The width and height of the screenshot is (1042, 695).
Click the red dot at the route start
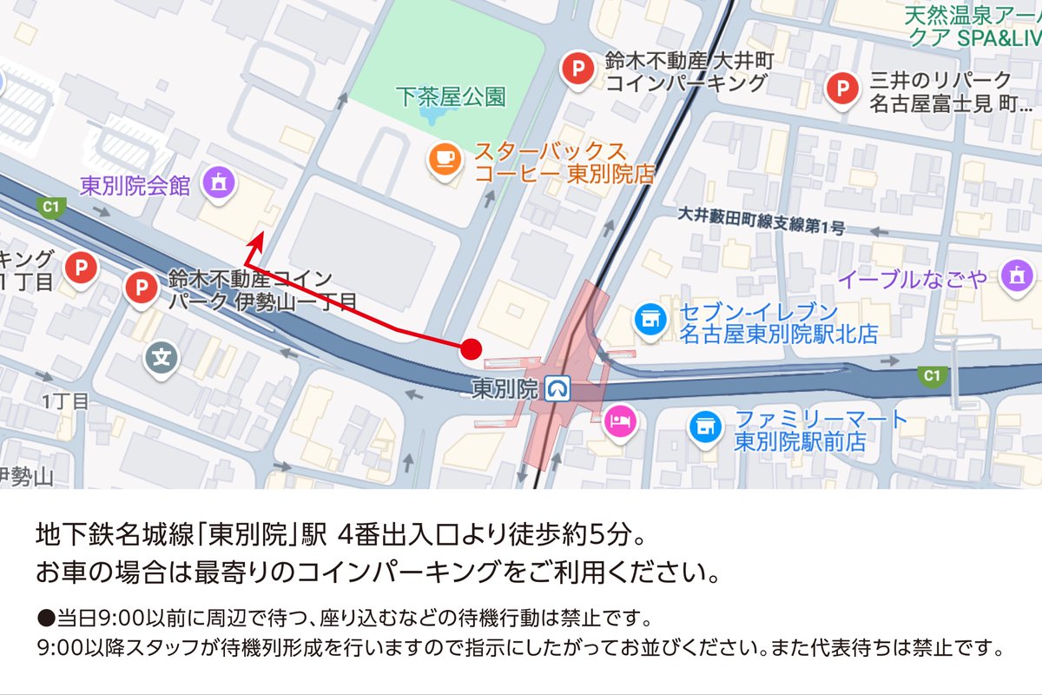tap(471, 349)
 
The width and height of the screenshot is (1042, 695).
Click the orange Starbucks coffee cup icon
tap(445, 157)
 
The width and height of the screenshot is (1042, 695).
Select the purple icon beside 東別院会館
tap(214, 182)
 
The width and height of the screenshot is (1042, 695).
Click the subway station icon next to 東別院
tap(557, 388)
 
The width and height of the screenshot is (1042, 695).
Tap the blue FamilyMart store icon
tap(705, 426)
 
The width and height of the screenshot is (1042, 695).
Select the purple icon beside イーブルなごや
tap(1014, 276)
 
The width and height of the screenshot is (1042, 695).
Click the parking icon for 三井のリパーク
tap(841, 87)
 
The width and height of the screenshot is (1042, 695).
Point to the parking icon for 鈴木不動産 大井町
tap(577, 69)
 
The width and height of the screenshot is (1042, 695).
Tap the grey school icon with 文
tap(161, 355)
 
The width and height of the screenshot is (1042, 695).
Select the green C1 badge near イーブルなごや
tap(932, 375)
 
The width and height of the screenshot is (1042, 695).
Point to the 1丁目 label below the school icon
tap(65, 401)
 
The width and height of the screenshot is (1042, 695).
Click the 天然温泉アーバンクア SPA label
tap(971, 26)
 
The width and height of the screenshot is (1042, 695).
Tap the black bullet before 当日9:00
tap(46, 620)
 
